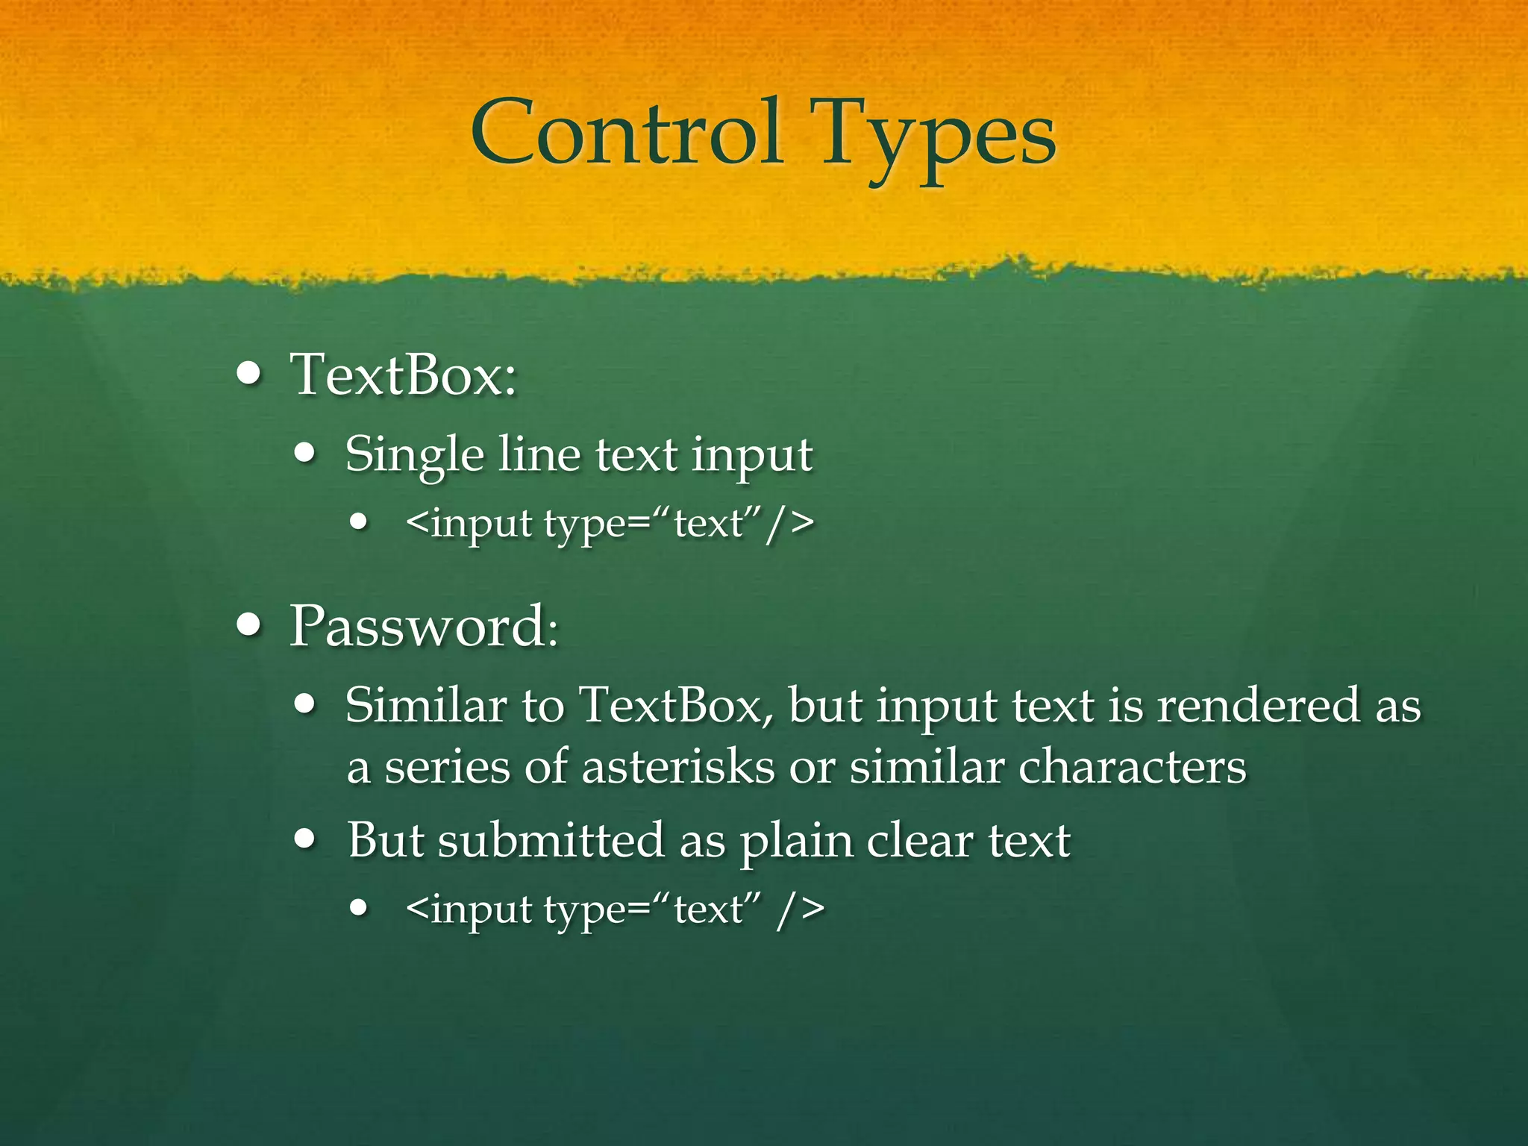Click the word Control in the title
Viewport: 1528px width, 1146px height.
click(x=627, y=134)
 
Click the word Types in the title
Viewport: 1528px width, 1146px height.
click(x=936, y=138)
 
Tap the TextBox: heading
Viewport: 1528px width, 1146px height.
click(x=403, y=375)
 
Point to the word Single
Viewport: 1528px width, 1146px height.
click(x=415, y=455)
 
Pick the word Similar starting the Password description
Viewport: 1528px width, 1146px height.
click(x=426, y=705)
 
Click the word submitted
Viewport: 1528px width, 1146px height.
click(x=551, y=841)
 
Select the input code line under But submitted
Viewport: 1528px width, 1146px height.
click(x=616, y=909)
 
